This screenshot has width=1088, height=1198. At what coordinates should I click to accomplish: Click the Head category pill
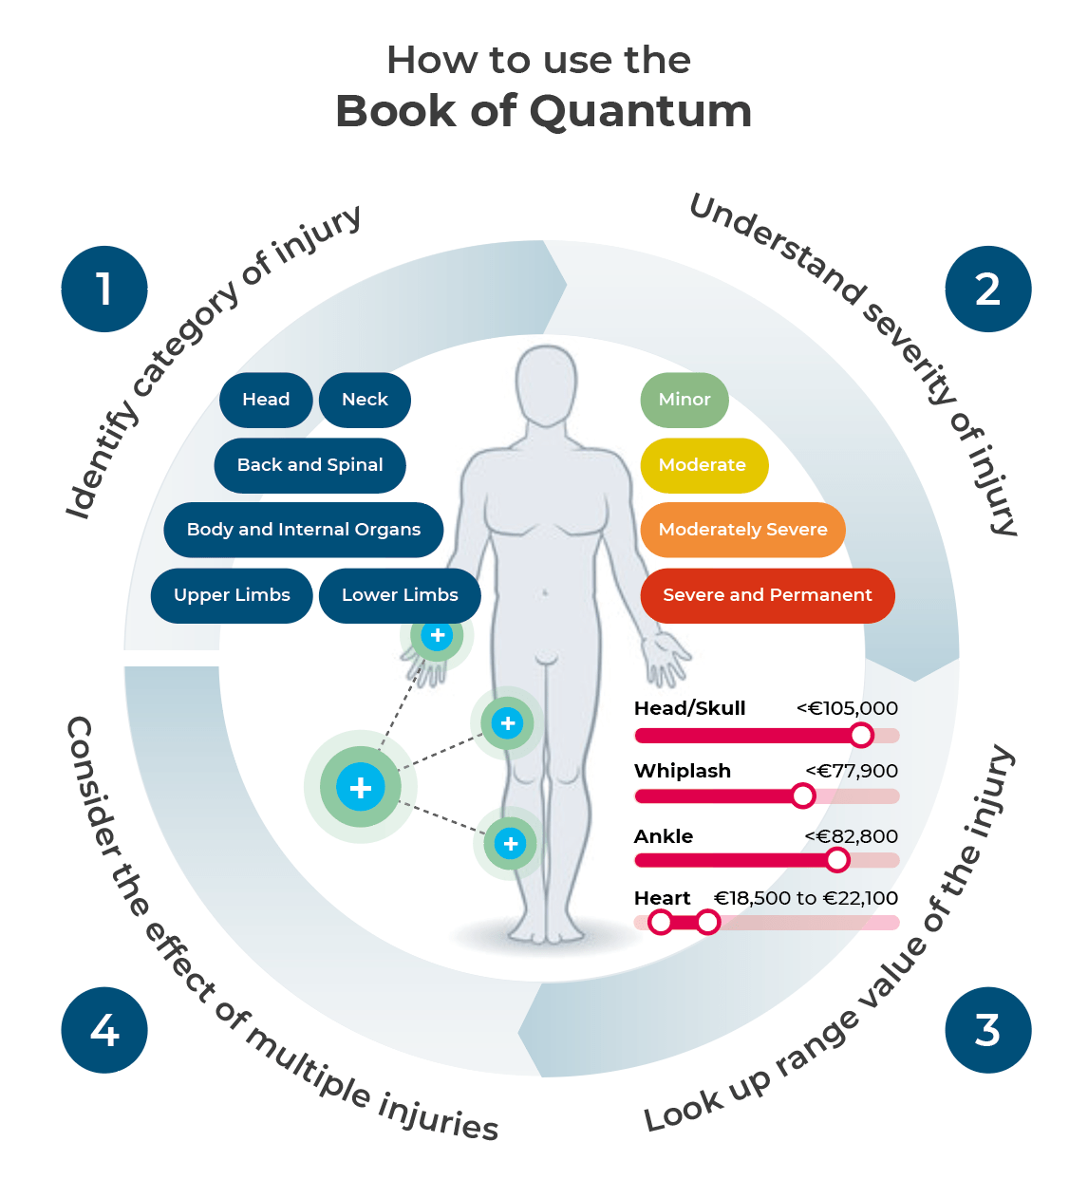pyautogui.click(x=266, y=400)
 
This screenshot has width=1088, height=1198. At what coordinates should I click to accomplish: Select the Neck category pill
pyautogui.click(x=365, y=400)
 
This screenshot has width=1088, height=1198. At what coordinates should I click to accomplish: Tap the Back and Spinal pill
pyautogui.click(x=310, y=465)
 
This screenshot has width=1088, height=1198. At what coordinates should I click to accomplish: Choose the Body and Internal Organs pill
pyautogui.click(x=303, y=530)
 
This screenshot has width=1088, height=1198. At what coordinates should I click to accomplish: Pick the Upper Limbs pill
pyautogui.click(x=232, y=595)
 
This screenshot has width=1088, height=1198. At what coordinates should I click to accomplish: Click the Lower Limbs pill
pyautogui.click(x=400, y=595)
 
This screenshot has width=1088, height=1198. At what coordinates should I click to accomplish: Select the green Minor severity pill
pyautogui.click(x=685, y=400)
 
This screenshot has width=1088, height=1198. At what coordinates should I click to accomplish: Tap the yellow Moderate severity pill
pyautogui.click(x=703, y=465)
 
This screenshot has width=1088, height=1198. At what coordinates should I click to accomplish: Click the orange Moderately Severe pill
pyautogui.click(x=742, y=530)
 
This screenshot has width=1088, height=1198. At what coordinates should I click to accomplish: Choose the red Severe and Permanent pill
pyautogui.click(x=767, y=595)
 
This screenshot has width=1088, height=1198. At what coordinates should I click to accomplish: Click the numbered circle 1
pyautogui.click(x=104, y=290)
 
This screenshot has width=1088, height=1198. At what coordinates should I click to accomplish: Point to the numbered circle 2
pyautogui.click(x=987, y=290)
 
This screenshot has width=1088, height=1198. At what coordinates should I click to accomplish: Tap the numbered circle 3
pyautogui.click(x=987, y=1030)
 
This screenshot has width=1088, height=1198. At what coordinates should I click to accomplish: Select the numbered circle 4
pyautogui.click(x=104, y=1030)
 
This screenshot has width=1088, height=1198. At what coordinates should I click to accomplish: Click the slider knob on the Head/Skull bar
pyautogui.click(x=861, y=735)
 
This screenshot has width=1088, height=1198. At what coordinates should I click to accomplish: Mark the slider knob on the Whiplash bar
pyautogui.click(x=803, y=796)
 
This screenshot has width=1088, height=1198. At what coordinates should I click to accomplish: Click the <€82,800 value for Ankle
pyautogui.click(x=851, y=836)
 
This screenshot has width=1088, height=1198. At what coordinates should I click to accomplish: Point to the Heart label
pyautogui.click(x=662, y=898)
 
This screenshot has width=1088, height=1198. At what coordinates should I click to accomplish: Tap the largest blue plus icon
pyautogui.click(x=361, y=787)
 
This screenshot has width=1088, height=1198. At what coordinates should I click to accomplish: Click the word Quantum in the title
pyautogui.click(x=641, y=111)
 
